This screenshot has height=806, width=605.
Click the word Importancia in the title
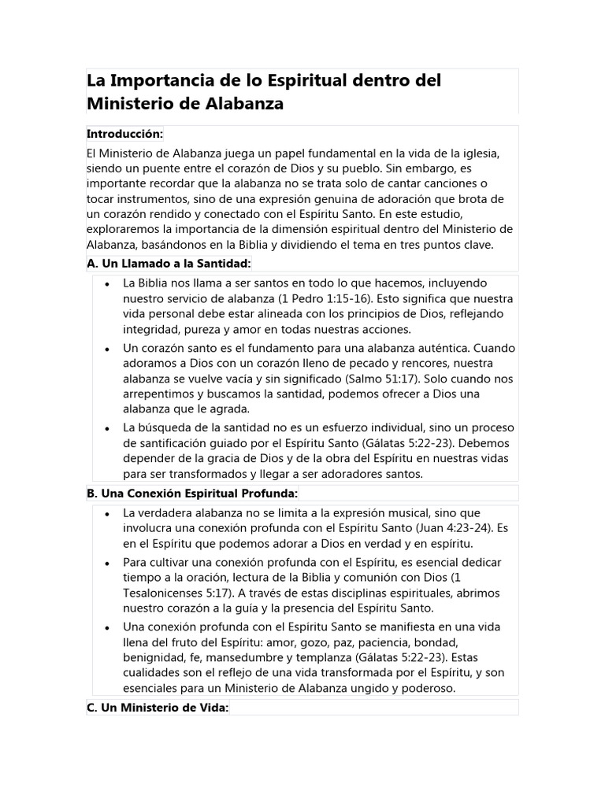click(161, 80)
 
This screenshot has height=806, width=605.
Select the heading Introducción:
click(124, 134)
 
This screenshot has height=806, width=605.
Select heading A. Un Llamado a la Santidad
click(169, 264)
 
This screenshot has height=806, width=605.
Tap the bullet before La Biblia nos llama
click(106, 283)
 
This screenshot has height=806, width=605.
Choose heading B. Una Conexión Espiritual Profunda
click(192, 494)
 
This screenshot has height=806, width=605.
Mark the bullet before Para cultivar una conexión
click(106, 563)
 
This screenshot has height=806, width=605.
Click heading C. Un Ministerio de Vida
click(158, 708)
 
